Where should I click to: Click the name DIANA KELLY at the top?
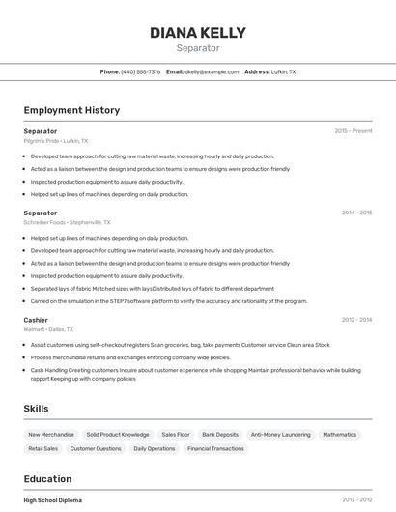pos(198,32)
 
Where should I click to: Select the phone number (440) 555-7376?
pos(141,71)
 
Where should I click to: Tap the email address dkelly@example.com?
pos(212,71)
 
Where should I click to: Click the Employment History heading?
pos(71,110)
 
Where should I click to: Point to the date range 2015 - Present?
pos(354,130)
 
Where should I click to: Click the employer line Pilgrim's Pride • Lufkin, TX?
pos(56,140)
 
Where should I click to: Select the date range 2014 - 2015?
pos(356,213)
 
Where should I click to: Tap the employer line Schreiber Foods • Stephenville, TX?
pos(67,222)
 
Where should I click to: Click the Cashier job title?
pos(36,319)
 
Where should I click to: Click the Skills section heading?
pos(37,409)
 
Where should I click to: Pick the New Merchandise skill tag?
pos(50,435)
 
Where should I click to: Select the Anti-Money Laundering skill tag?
pos(281,435)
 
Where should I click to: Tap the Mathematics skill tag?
pos(340,435)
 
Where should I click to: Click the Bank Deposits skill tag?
pos(221,435)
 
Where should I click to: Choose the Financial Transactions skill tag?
pos(215,448)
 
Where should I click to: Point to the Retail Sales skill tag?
pos(43,448)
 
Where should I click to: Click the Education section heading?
pos(48,478)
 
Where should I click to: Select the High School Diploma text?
pos(53,500)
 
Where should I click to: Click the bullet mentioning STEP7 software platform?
pos(169,300)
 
